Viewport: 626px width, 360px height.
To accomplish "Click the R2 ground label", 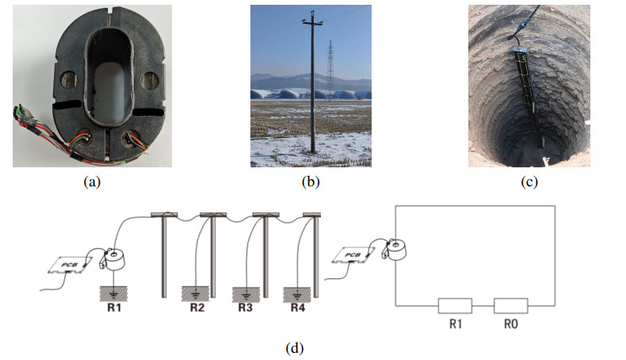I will click(197, 308).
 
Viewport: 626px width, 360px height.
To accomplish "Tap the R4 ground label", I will click(297, 308).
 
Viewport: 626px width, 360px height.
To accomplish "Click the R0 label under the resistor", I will click(510, 324).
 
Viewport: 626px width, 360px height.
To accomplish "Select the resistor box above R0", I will click(510, 305).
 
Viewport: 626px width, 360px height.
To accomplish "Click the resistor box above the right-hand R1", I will click(455, 305).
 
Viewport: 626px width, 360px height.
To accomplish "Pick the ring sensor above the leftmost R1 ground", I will click(115, 258).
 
